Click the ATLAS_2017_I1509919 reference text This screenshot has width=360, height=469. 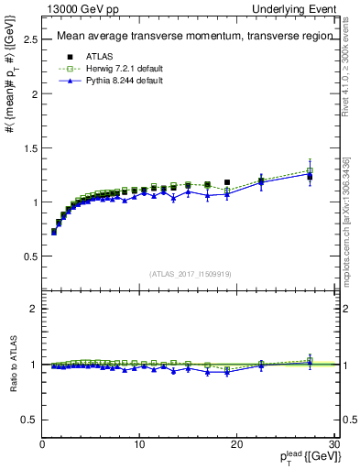pyautogui.click(x=189, y=273)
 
